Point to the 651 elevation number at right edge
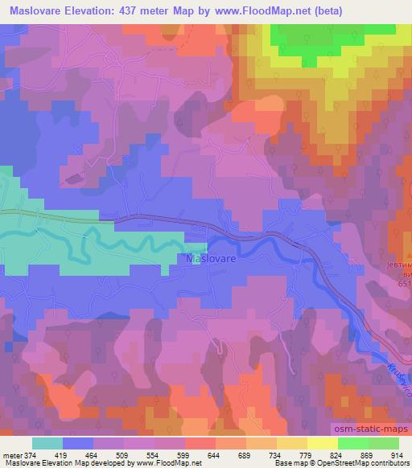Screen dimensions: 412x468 pos(402,282)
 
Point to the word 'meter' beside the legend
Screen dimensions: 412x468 pos(11,454)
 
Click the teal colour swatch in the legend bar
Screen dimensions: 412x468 pos(47,443)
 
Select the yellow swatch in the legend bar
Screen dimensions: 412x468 pos(322,443)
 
